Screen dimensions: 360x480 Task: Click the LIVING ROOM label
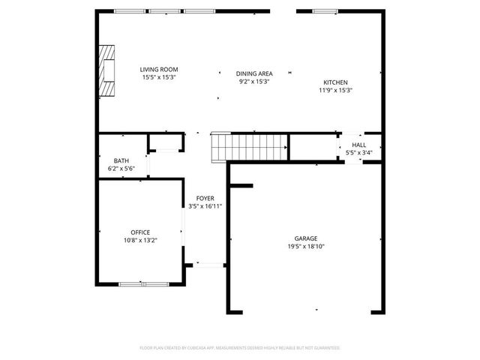[159, 70]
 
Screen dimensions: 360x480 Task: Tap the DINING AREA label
[253, 73]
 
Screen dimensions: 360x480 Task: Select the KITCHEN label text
[335, 82]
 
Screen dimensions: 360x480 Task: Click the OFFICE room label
[140, 232]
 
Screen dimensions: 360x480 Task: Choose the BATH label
[121, 161]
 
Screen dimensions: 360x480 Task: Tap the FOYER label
[205, 198]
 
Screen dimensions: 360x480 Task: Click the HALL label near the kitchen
[359, 145]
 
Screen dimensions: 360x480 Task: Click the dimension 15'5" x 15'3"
[159, 77]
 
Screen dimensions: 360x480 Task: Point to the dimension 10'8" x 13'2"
[140, 241]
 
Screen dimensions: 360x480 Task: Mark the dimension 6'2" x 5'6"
[121, 169]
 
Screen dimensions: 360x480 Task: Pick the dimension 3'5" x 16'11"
[205, 205]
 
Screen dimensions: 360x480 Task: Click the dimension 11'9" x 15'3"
[335, 90]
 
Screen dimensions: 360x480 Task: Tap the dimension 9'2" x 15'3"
[253, 81]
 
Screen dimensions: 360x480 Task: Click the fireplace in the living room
[109, 71]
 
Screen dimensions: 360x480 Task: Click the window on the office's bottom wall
[143, 284]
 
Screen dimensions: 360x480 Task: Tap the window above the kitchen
[324, 11]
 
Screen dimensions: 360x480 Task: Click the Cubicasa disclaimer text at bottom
[240, 348]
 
